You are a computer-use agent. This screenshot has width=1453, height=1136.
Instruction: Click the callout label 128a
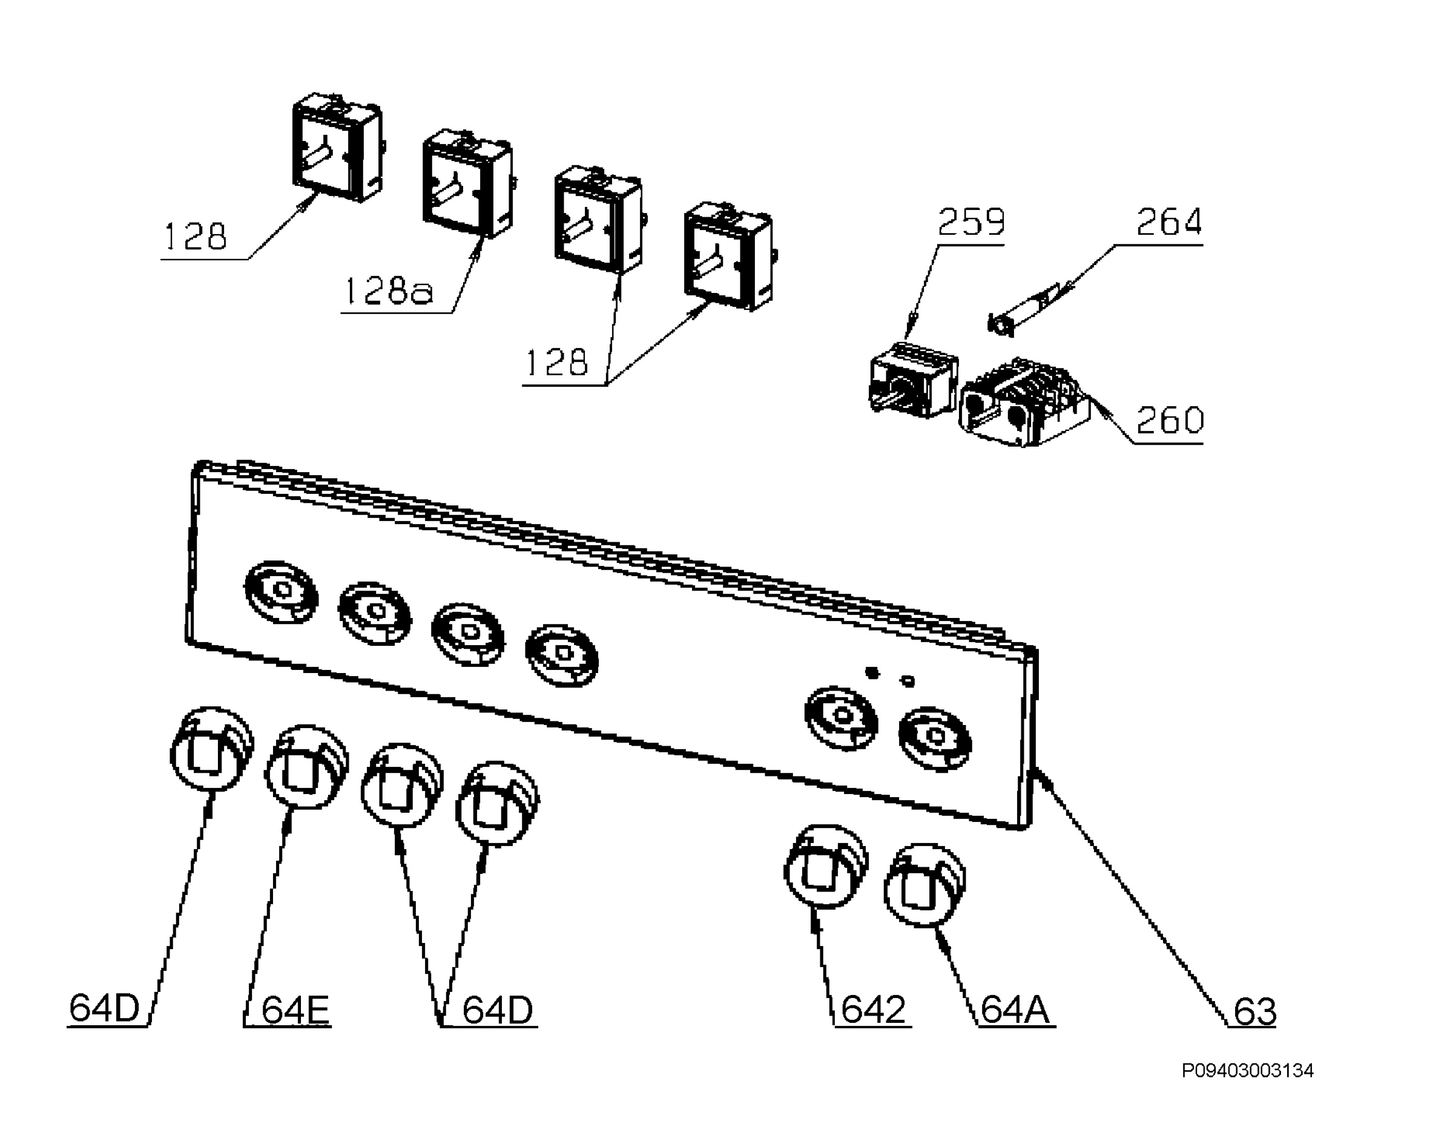point(389,291)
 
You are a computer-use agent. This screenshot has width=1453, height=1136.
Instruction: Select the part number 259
point(970,222)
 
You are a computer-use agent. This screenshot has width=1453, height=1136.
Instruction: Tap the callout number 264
point(1169,222)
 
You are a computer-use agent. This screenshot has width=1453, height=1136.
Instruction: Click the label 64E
point(295,1010)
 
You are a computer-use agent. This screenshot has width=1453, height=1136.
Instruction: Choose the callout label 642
point(873,1010)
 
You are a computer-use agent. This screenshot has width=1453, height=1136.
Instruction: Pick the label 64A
point(1015,1010)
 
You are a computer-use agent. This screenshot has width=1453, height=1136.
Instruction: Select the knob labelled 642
point(826,867)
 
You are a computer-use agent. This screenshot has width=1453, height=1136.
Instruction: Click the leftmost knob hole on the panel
point(282,593)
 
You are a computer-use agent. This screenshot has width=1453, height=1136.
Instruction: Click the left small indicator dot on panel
point(872,673)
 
